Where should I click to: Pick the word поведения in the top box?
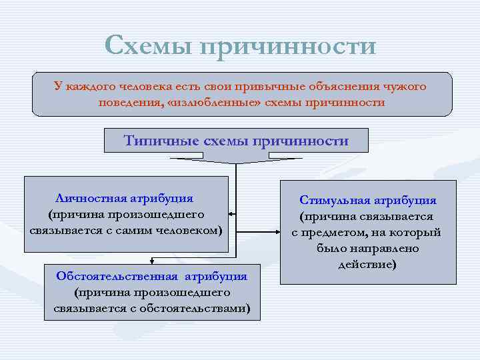point(129,103)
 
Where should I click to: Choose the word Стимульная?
point(335,200)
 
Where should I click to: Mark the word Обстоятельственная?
point(117,276)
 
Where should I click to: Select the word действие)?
point(367,264)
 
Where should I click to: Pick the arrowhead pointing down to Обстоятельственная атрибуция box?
point(153,261)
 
